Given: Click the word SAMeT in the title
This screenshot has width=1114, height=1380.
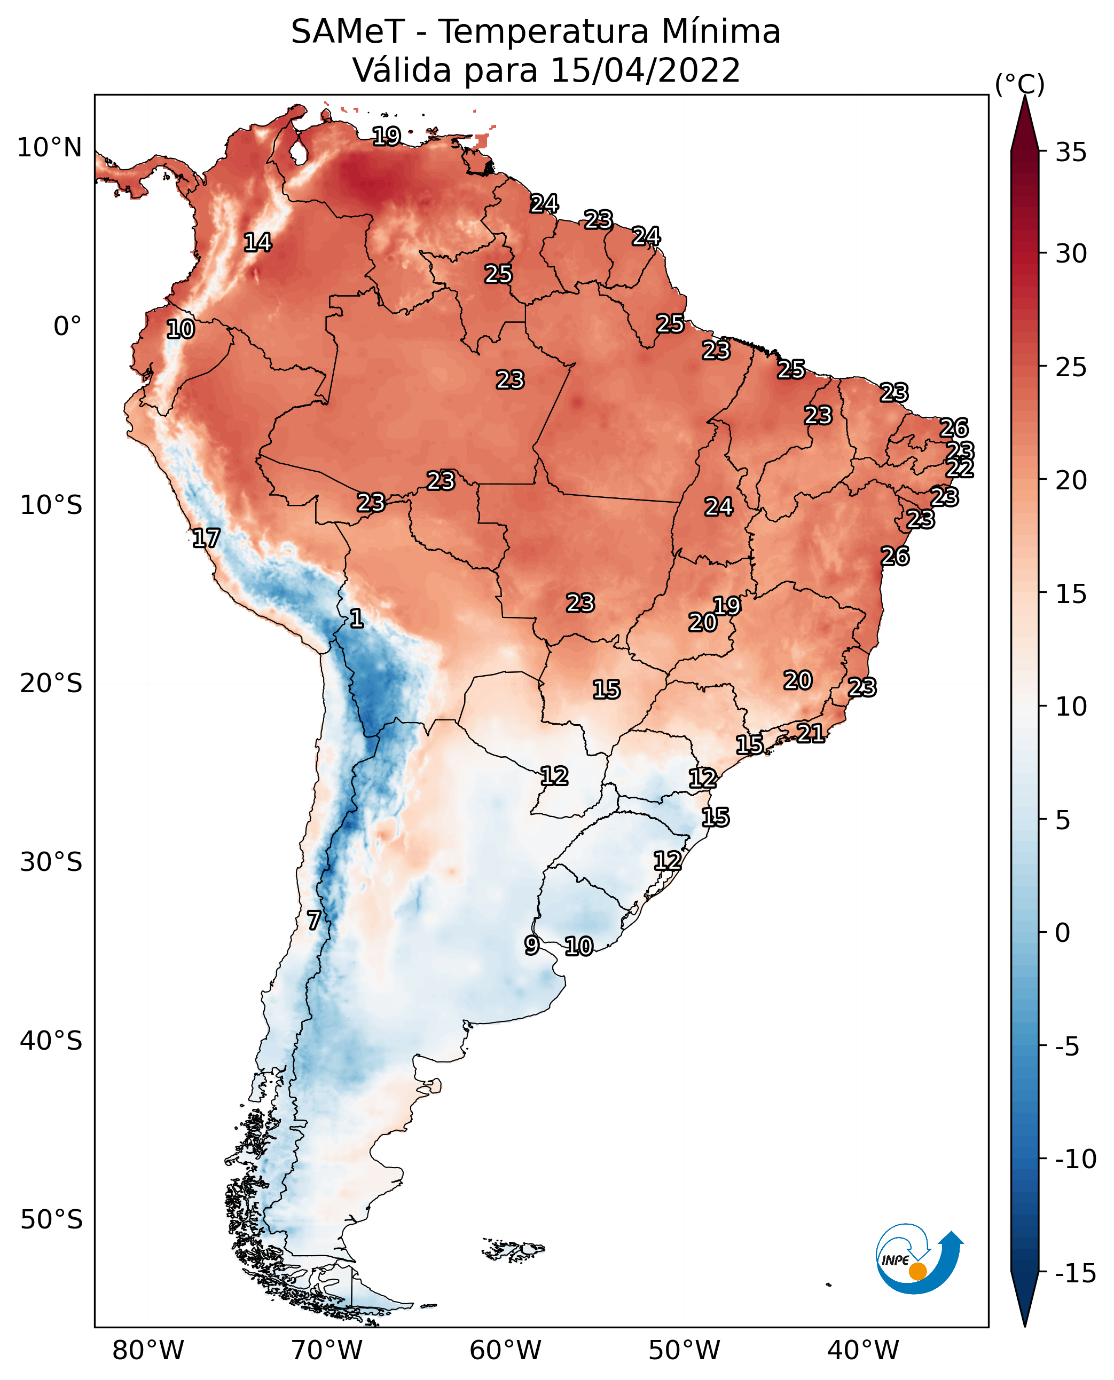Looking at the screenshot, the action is (347, 32).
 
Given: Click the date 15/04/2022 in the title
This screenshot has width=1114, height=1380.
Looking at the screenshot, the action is (645, 70).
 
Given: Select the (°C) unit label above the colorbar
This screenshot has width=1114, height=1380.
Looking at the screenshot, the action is (1019, 85).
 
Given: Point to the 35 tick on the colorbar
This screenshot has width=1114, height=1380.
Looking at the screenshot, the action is (1071, 153).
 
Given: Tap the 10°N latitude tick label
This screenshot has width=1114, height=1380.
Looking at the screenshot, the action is (50, 148).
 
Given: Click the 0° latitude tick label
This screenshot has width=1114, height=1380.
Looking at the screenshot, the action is (68, 327).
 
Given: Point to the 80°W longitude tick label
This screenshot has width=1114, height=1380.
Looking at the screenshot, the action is (148, 1350).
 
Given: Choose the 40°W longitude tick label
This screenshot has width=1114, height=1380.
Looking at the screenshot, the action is (863, 1350).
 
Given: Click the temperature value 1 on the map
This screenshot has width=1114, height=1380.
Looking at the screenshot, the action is (356, 619).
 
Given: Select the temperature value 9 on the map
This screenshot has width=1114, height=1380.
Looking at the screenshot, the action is (531, 945).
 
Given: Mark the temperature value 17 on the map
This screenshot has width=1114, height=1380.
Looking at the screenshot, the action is (206, 538).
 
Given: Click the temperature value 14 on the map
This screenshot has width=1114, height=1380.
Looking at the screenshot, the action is (258, 242).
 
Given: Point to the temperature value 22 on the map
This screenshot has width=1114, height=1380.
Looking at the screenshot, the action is (960, 468).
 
